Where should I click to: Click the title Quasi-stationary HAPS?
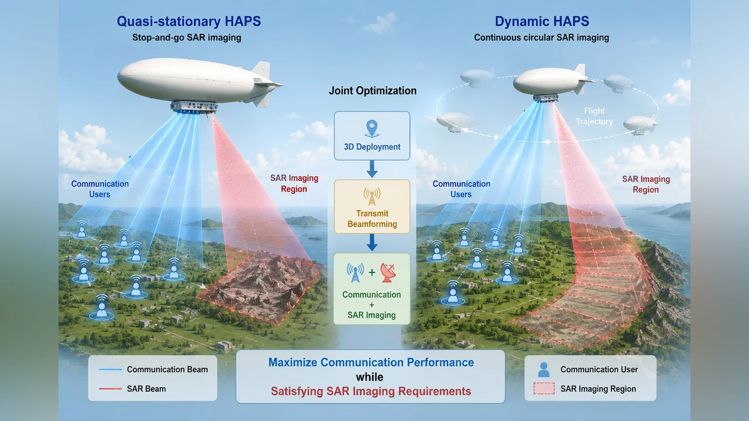(188, 22)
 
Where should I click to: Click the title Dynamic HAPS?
(542, 22)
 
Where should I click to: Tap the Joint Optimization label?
(373, 91)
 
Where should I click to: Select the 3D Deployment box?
(372, 136)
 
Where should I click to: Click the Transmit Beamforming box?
(372, 206)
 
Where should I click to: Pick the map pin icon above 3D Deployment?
(372, 129)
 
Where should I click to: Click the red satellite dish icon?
(388, 272)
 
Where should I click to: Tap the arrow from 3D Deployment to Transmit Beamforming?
(372, 169)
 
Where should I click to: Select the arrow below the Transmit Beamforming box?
(372, 242)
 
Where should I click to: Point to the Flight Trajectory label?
(594, 116)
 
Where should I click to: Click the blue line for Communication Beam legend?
(111, 369)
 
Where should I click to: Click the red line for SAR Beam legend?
(111, 389)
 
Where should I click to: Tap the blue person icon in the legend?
(544, 370)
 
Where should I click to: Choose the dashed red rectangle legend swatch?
(544, 389)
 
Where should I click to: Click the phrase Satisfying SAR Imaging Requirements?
(371, 391)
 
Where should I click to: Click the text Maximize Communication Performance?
(371, 363)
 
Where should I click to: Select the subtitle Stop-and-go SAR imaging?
(187, 37)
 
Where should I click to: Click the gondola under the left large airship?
(194, 107)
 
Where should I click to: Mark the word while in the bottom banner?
(369, 377)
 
